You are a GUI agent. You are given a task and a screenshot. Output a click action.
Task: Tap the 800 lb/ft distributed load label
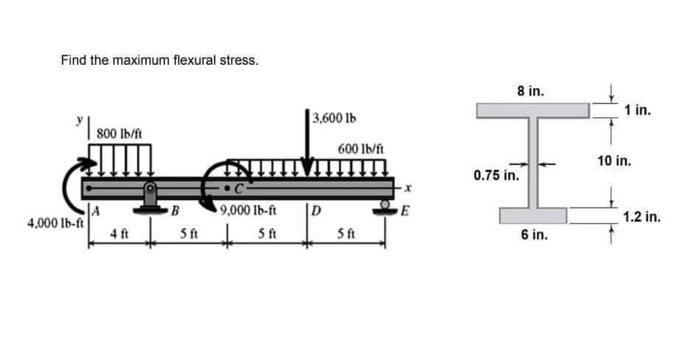(x=120, y=133)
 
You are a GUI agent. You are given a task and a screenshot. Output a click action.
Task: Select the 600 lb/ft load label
(x=360, y=148)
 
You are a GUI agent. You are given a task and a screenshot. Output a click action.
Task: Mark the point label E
(x=402, y=213)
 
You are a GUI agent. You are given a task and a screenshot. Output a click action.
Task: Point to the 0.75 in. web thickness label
(x=496, y=177)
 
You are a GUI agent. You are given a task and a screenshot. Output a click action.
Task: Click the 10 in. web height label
(x=612, y=160)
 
